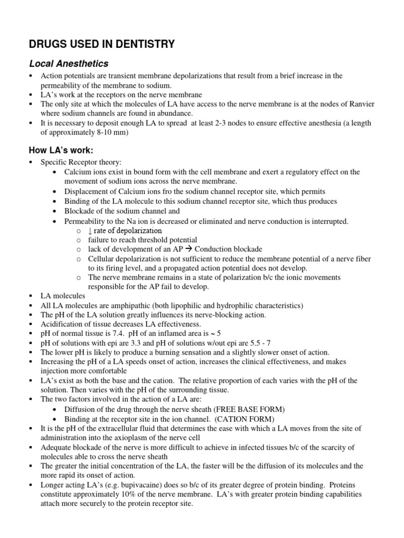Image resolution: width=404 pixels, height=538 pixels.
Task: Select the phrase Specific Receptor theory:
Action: point(81,162)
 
